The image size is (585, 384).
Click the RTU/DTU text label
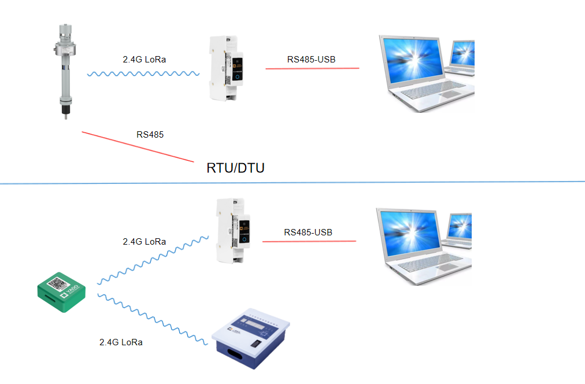(235, 168)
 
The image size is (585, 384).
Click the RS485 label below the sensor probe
(150, 135)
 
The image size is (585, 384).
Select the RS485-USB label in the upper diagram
(312, 59)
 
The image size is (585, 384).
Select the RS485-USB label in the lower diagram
(308, 232)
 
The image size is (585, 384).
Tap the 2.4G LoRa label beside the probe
(145, 59)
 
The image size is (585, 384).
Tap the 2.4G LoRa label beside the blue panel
(121, 342)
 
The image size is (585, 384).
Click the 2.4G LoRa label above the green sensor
(145, 242)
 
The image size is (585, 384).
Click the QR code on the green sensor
(58, 284)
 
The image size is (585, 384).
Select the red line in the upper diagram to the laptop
(312, 69)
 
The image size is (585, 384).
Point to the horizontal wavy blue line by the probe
(143, 74)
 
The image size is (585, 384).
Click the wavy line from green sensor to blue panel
(153, 321)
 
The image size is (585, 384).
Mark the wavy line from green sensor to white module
(153, 260)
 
